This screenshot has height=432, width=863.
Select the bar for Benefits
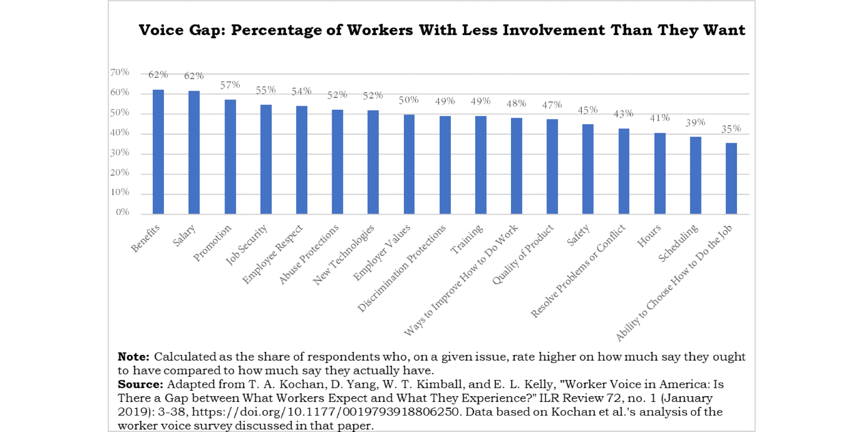[158, 151]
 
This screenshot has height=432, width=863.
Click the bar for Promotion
[230, 156]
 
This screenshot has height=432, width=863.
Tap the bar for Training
[480, 165]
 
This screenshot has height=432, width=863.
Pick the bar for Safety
[588, 169]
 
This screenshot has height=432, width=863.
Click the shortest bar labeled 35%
[731, 178]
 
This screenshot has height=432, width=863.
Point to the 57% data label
[230, 85]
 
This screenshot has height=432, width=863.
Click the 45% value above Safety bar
[588, 110]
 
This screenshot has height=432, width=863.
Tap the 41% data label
[659, 118]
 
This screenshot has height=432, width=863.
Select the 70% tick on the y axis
[120, 72]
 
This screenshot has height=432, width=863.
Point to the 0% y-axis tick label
[122, 212]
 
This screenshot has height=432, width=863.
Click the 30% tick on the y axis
[120, 152]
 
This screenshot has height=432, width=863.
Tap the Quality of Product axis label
[523, 254]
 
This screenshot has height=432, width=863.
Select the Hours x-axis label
[649, 236]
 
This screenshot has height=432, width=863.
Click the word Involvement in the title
[553, 30]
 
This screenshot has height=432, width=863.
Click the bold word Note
[133, 357]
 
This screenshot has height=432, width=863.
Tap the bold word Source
[140, 384]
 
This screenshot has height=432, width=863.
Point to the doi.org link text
[325, 412]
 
